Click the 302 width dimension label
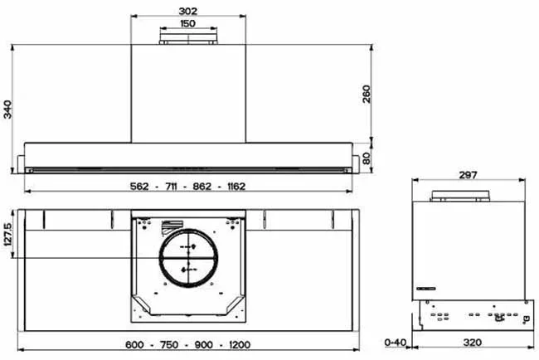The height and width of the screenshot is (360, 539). [188, 11]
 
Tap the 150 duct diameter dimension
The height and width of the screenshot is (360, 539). [187, 23]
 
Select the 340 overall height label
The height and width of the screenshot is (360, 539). [7, 109]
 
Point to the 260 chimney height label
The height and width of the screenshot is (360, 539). [367, 94]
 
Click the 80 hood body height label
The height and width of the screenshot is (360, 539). [367, 158]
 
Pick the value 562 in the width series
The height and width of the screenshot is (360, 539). [139, 187]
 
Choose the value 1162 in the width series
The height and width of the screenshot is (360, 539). [236, 187]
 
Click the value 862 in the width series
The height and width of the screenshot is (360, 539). [202, 187]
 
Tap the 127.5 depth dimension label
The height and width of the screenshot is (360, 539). [7, 234]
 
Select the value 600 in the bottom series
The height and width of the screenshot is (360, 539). [134, 344]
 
